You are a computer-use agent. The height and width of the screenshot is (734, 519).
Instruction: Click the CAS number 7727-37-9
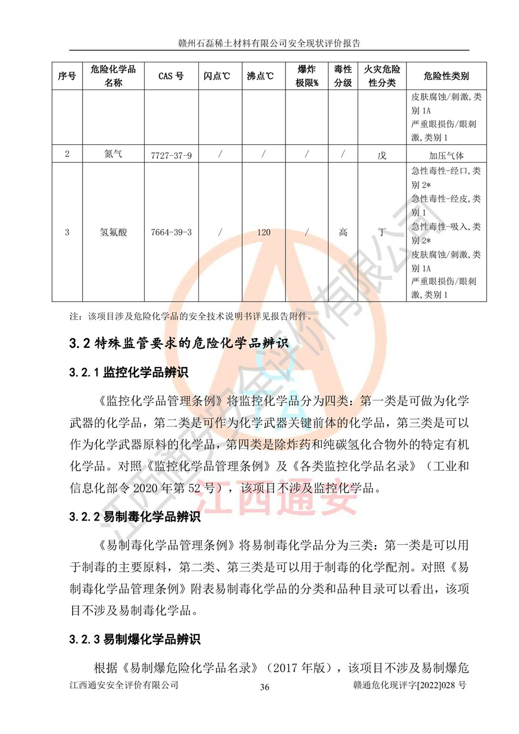171,155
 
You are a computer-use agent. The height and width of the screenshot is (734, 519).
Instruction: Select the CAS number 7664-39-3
171,233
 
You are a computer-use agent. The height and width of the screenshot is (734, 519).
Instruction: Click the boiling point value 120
264,233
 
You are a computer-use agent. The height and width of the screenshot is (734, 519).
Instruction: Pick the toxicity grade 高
343,233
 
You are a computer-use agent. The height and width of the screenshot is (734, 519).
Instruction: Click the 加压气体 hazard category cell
446,155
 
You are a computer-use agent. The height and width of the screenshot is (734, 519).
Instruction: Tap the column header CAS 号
171,76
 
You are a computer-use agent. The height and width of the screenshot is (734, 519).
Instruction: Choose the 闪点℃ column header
217,76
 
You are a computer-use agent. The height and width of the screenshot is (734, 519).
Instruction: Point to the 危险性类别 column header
446,76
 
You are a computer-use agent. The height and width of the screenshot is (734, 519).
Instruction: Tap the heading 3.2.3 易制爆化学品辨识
135,639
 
